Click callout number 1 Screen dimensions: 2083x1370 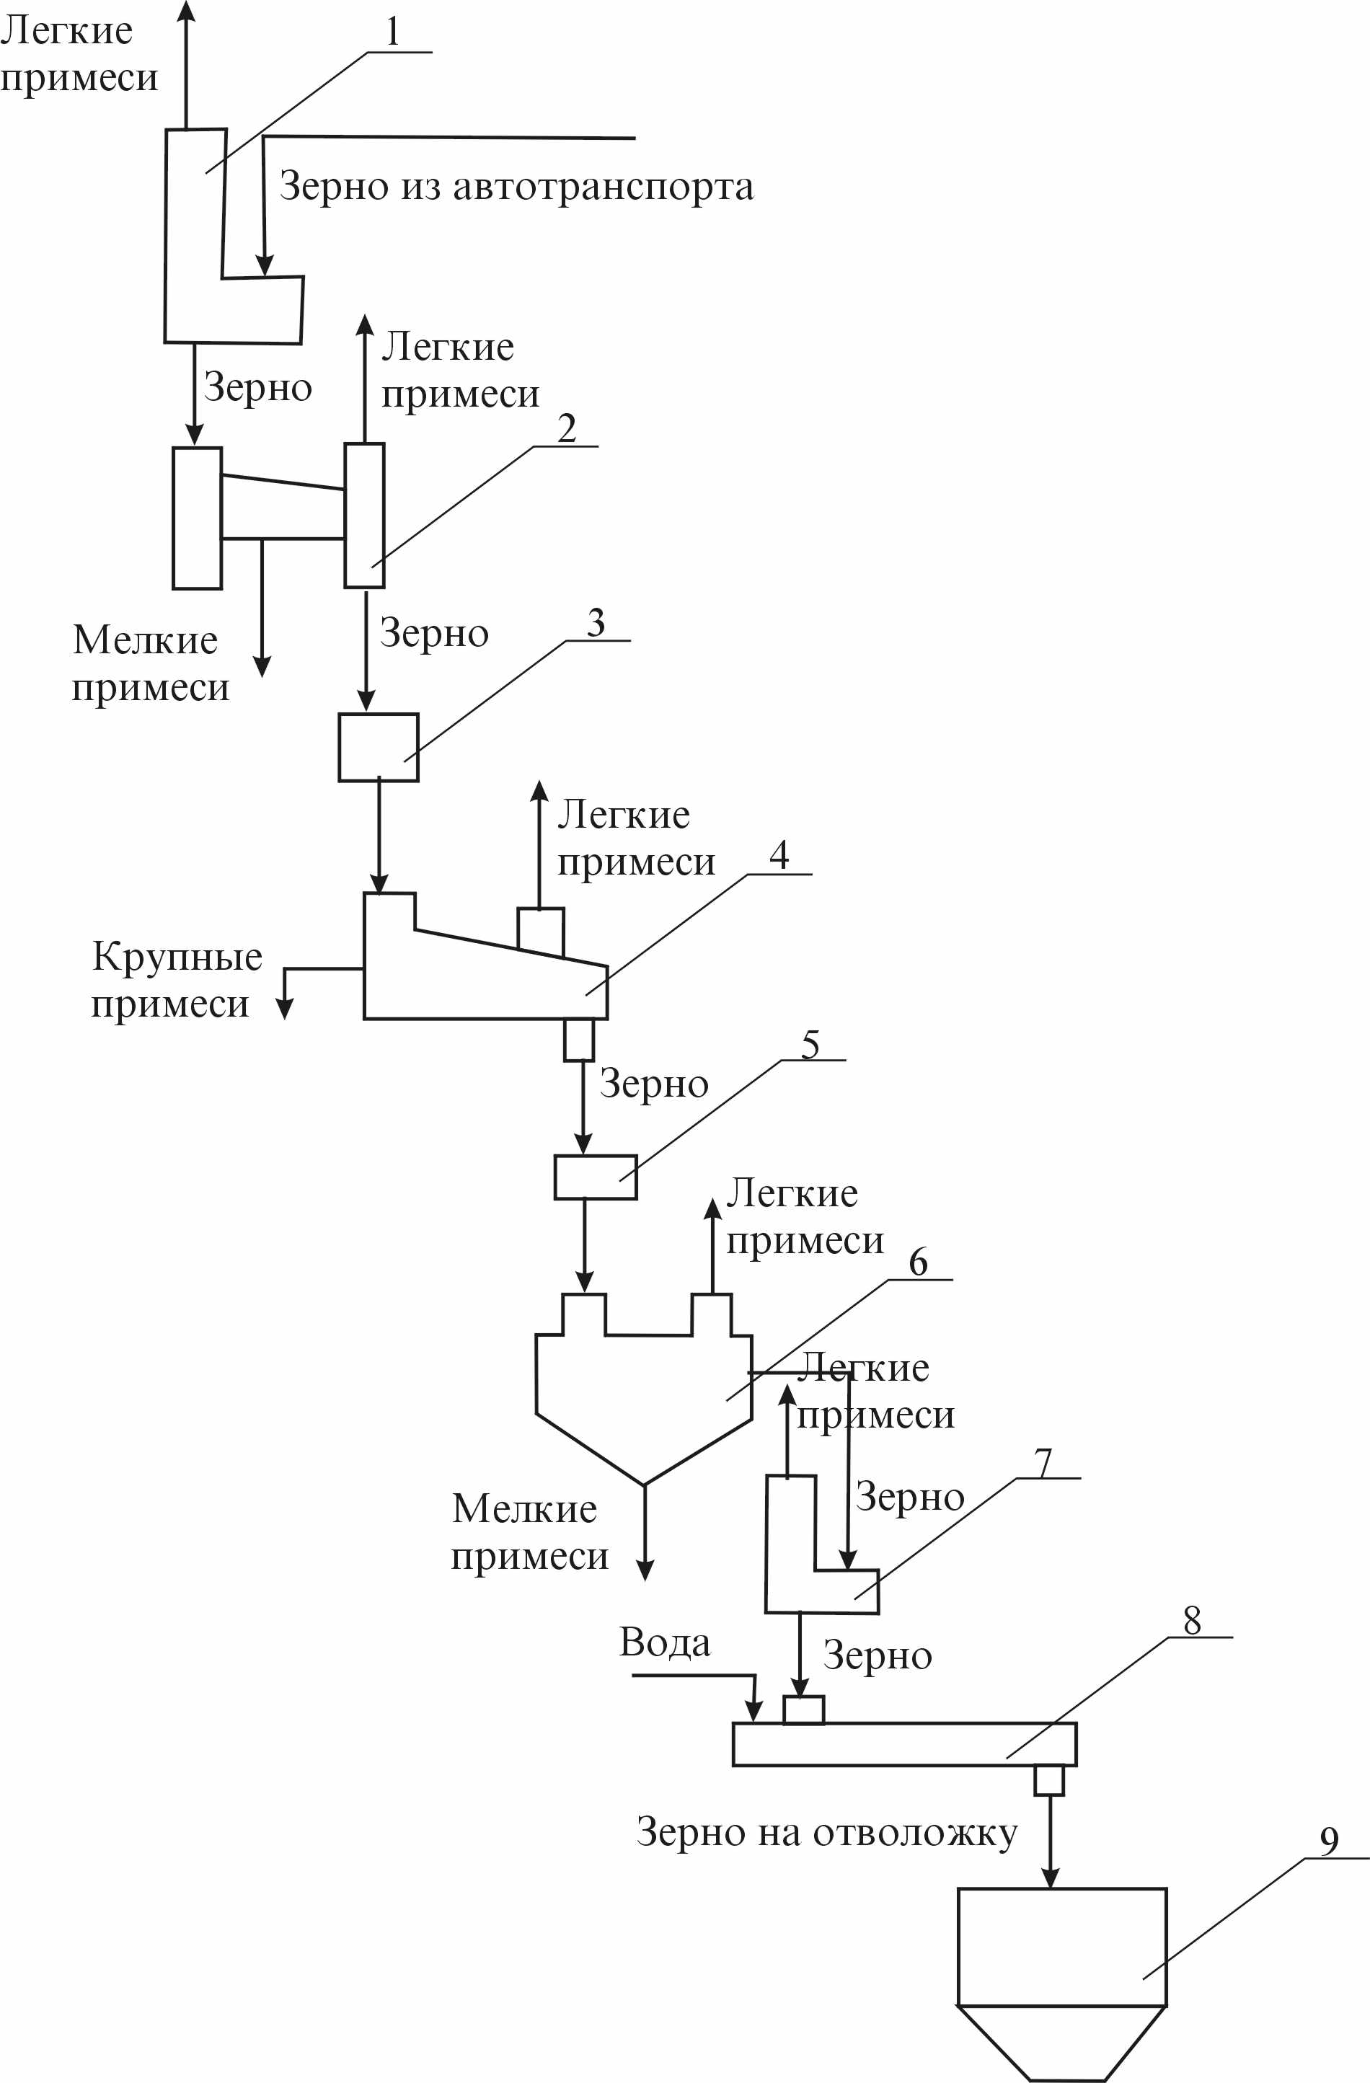click(393, 32)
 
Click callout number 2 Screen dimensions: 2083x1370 click(566, 428)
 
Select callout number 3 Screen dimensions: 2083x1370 click(596, 622)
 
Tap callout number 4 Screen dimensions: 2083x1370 click(778, 854)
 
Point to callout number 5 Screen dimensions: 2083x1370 click(810, 1044)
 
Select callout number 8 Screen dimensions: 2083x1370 click(1193, 1621)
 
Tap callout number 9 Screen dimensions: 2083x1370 click(1329, 1841)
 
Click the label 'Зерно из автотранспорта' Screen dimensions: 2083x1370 click(516, 187)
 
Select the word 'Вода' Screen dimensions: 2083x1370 click(664, 1642)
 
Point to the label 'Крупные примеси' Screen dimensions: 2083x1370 click(175, 981)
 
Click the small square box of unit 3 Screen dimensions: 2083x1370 click(378, 746)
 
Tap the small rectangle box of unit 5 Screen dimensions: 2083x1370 click(596, 1177)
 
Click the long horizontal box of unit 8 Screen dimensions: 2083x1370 click(903, 1744)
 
